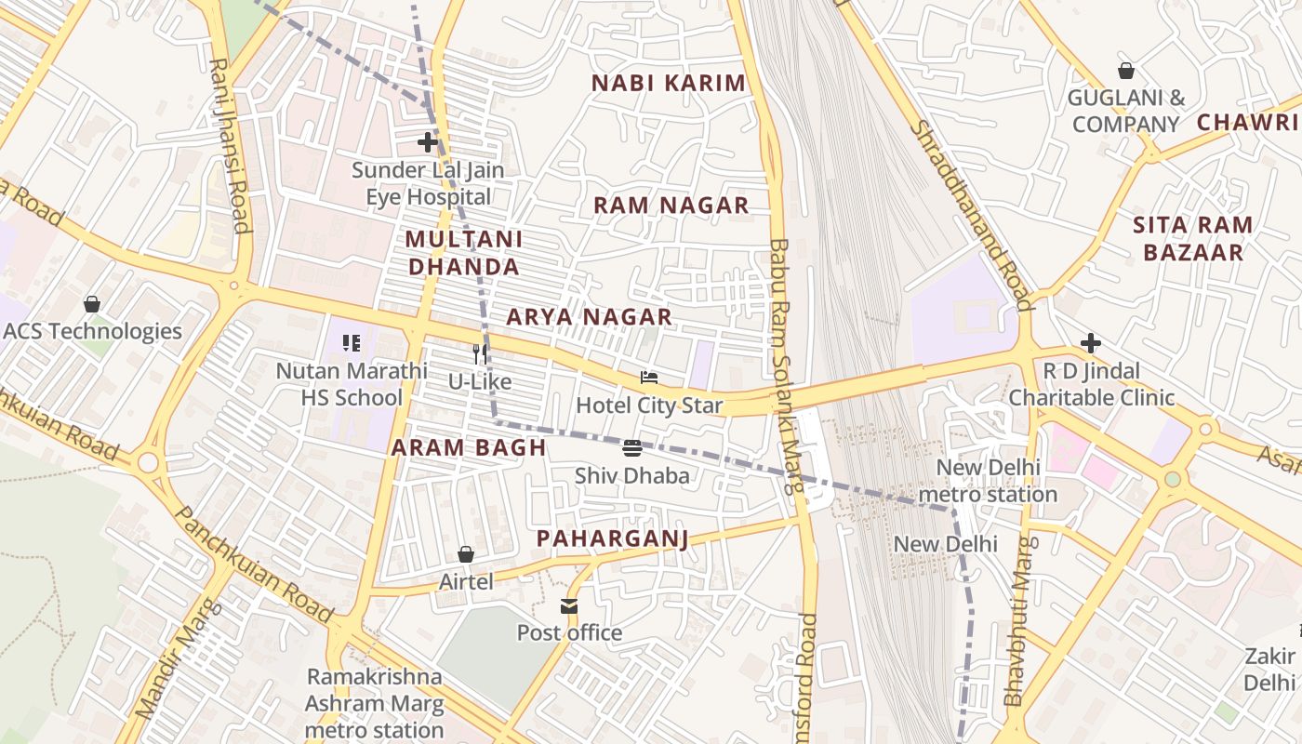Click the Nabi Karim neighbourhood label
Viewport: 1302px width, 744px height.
click(x=669, y=83)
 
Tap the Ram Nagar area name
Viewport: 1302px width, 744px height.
click(x=671, y=206)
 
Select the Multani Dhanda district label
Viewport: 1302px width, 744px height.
click(x=463, y=253)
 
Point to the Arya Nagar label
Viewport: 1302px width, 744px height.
click(x=589, y=317)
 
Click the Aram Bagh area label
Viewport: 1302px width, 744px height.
click(x=469, y=447)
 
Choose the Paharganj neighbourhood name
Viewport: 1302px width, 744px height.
click(x=612, y=539)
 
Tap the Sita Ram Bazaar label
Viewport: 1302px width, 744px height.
click(x=1193, y=239)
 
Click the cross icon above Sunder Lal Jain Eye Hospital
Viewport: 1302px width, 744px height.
click(x=428, y=142)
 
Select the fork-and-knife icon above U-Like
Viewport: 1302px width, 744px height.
click(x=480, y=354)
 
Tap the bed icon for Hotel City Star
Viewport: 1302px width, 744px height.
click(x=649, y=378)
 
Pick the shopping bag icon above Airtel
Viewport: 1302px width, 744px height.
click(x=466, y=554)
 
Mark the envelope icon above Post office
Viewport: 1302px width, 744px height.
click(x=569, y=606)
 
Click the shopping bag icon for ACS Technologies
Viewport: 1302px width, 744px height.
click(x=92, y=304)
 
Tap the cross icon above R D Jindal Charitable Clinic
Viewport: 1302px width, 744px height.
click(x=1091, y=344)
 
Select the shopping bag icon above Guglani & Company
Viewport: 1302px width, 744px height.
click(x=1126, y=71)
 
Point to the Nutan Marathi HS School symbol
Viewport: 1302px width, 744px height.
click(x=352, y=344)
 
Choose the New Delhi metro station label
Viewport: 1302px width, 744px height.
click(x=988, y=481)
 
